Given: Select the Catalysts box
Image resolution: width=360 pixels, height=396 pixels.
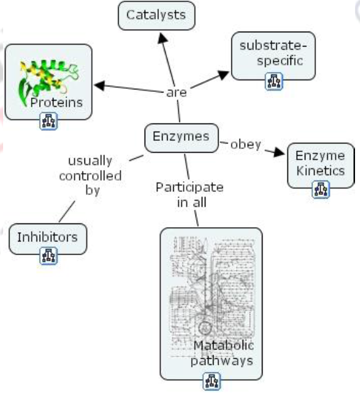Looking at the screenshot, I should click(x=156, y=14).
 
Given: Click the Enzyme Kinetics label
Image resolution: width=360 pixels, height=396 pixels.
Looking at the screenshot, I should click(x=320, y=163).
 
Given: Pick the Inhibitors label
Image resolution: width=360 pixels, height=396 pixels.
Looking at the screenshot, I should click(x=47, y=236).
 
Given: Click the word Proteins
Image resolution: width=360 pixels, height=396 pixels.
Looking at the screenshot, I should click(x=57, y=102).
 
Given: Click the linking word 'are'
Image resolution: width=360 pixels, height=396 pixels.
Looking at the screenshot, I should click(x=177, y=92).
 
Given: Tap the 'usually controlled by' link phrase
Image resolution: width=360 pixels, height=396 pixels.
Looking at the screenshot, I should click(x=91, y=176).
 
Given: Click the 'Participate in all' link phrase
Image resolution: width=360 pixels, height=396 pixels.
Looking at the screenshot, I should click(x=189, y=194).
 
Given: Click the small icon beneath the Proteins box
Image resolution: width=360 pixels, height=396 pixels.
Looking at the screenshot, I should click(x=48, y=122).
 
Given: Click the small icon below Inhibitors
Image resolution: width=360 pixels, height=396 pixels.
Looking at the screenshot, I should click(x=48, y=255).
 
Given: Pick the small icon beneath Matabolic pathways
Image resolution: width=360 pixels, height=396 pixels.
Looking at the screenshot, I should click(x=211, y=384).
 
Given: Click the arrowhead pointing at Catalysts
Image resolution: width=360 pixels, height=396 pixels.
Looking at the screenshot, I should click(x=161, y=37).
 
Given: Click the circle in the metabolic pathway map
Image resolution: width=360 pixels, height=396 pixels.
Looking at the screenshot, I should click(x=205, y=327).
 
